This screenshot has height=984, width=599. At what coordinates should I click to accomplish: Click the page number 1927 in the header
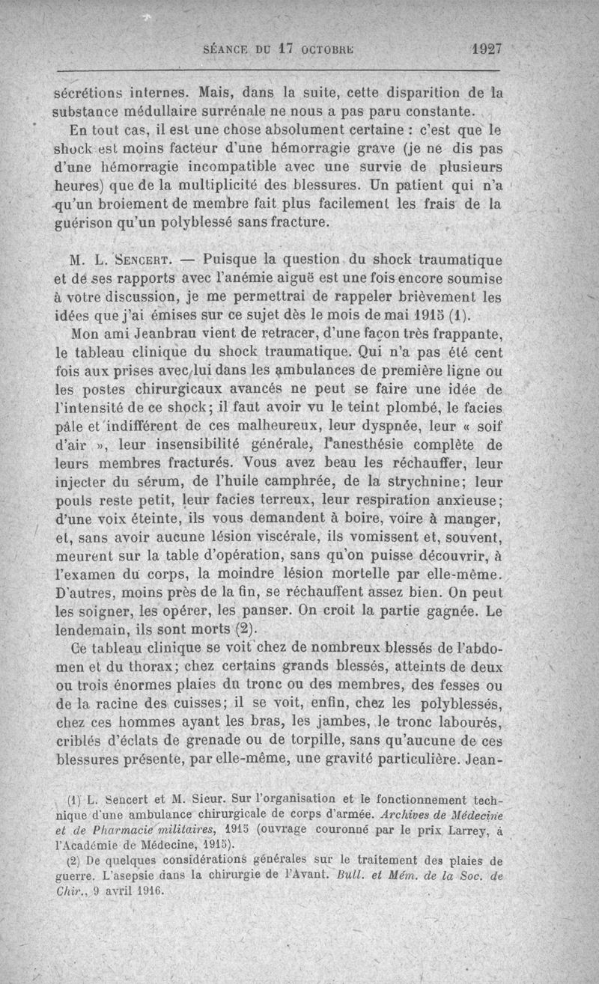486,49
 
